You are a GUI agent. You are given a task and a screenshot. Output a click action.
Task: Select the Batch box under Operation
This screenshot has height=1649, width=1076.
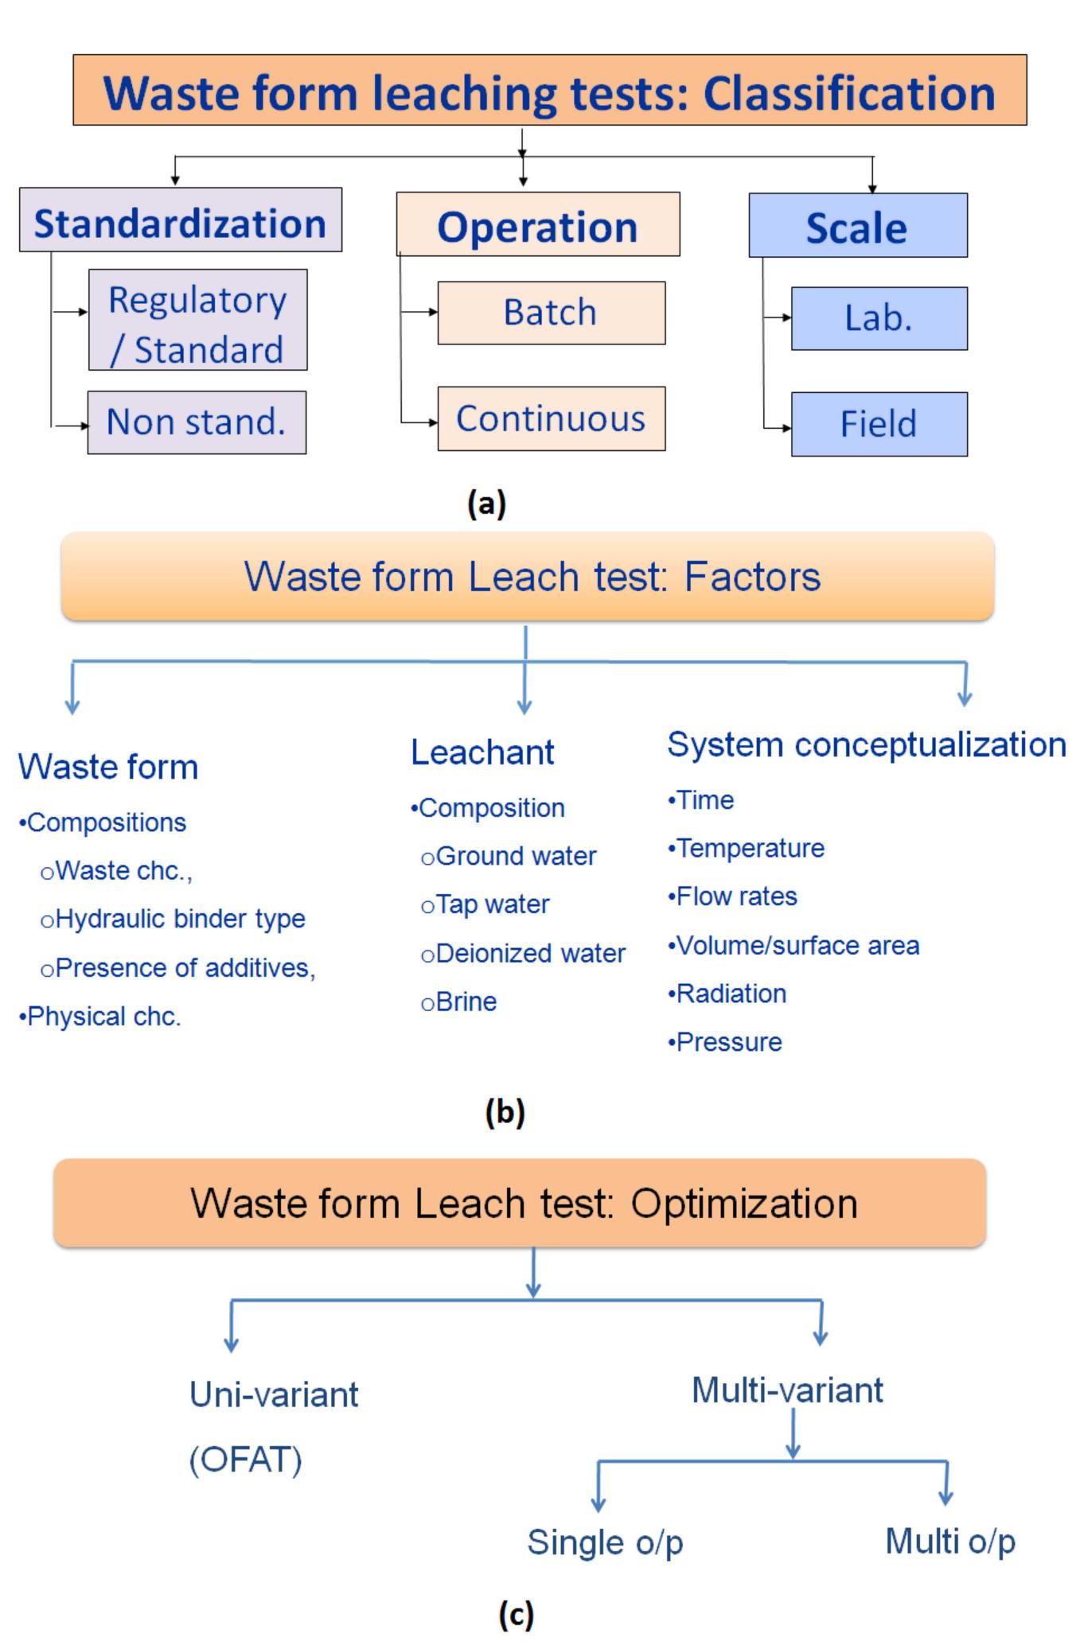pyautogui.click(x=551, y=313)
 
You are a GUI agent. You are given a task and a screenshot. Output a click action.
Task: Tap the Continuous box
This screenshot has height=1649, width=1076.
pyautogui.click(x=551, y=418)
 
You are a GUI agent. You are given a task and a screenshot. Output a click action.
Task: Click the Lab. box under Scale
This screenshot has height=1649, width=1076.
pyautogui.click(x=879, y=318)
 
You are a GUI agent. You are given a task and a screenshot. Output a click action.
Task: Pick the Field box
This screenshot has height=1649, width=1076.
pyautogui.click(x=879, y=423)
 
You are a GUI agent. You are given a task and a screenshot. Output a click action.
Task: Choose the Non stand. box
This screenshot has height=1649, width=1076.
pyautogui.click(x=197, y=422)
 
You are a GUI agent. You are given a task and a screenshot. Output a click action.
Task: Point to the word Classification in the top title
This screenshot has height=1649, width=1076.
pyautogui.click(x=848, y=93)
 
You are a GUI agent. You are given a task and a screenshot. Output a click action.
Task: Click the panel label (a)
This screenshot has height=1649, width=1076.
pyautogui.click(x=486, y=504)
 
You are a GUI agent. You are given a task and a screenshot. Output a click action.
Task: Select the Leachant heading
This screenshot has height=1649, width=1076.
pyautogui.click(x=482, y=752)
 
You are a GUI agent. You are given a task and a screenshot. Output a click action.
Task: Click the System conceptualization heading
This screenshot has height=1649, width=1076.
pyautogui.click(x=866, y=745)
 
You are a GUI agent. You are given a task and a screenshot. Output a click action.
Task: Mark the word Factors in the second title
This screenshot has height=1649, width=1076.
pyautogui.click(x=752, y=577)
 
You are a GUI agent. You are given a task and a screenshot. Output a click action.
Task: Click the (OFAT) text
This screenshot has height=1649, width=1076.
pyautogui.click(x=246, y=1460)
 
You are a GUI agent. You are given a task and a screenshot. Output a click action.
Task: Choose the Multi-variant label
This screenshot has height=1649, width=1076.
pyautogui.click(x=787, y=1390)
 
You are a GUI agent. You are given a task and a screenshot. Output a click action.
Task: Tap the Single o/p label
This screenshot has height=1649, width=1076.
pyautogui.click(x=605, y=1542)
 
